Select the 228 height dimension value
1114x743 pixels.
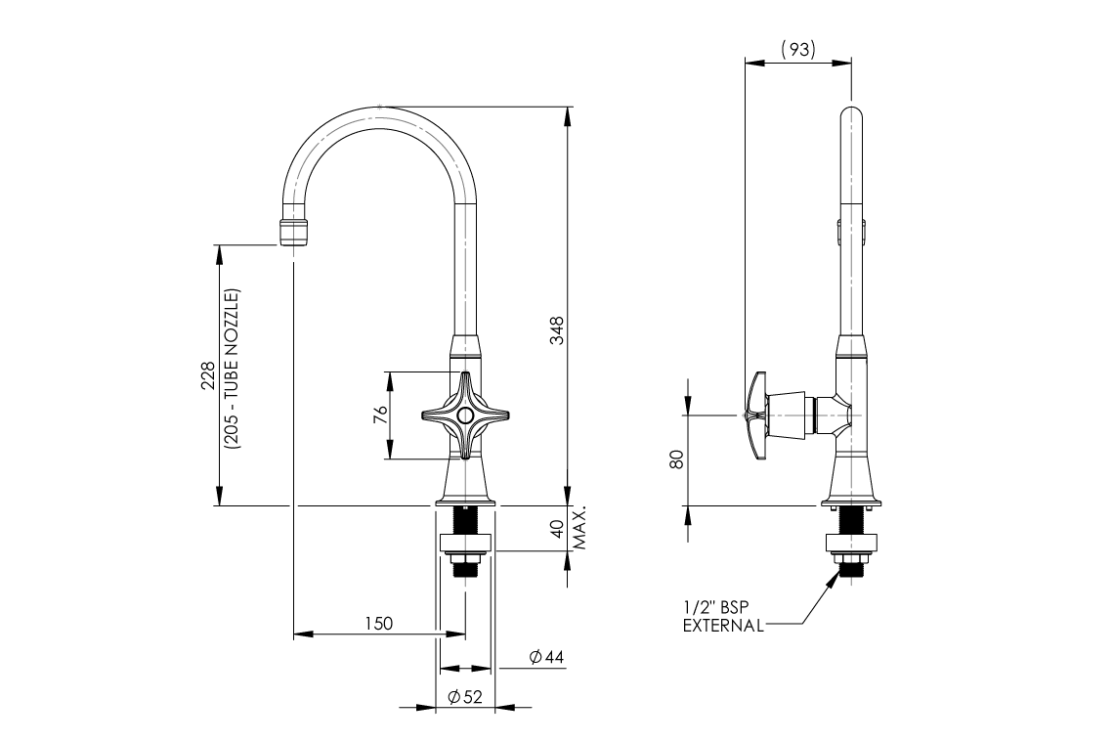click(x=207, y=376)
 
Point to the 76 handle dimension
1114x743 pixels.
click(x=381, y=415)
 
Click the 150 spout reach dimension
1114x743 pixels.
click(x=378, y=624)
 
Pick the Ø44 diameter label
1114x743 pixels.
click(x=546, y=658)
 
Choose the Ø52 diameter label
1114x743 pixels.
click(x=465, y=696)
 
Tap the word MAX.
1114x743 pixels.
click(x=578, y=528)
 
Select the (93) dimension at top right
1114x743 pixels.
click(x=798, y=50)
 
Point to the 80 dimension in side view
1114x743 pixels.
click(x=676, y=459)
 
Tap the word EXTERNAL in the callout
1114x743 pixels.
click(x=723, y=626)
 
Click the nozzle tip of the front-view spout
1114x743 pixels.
click(x=293, y=235)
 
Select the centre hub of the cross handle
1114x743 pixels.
click(x=465, y=416)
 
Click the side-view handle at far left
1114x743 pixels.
click(x=755, y=415)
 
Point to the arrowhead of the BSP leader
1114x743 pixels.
click(x=835, y=578)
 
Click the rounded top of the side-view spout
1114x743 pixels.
click(x=852, y=113)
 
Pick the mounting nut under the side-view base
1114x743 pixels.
click(x=852, y=546)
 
